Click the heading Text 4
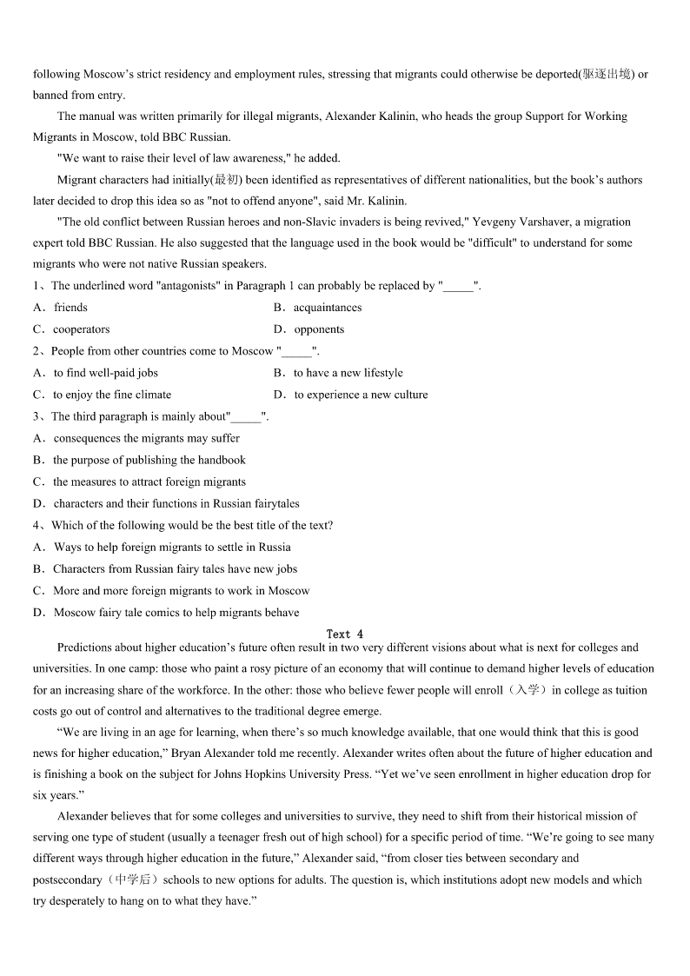point(345,634)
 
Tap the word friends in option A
point(70,308)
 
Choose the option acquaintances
point(327,308)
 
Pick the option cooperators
point(81,329)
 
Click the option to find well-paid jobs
point(105,373)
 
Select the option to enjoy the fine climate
point(112,395)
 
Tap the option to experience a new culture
point(361,395)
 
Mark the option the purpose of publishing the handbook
point(149,460)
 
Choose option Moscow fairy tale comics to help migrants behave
point(176,613)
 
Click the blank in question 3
point(246,417)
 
